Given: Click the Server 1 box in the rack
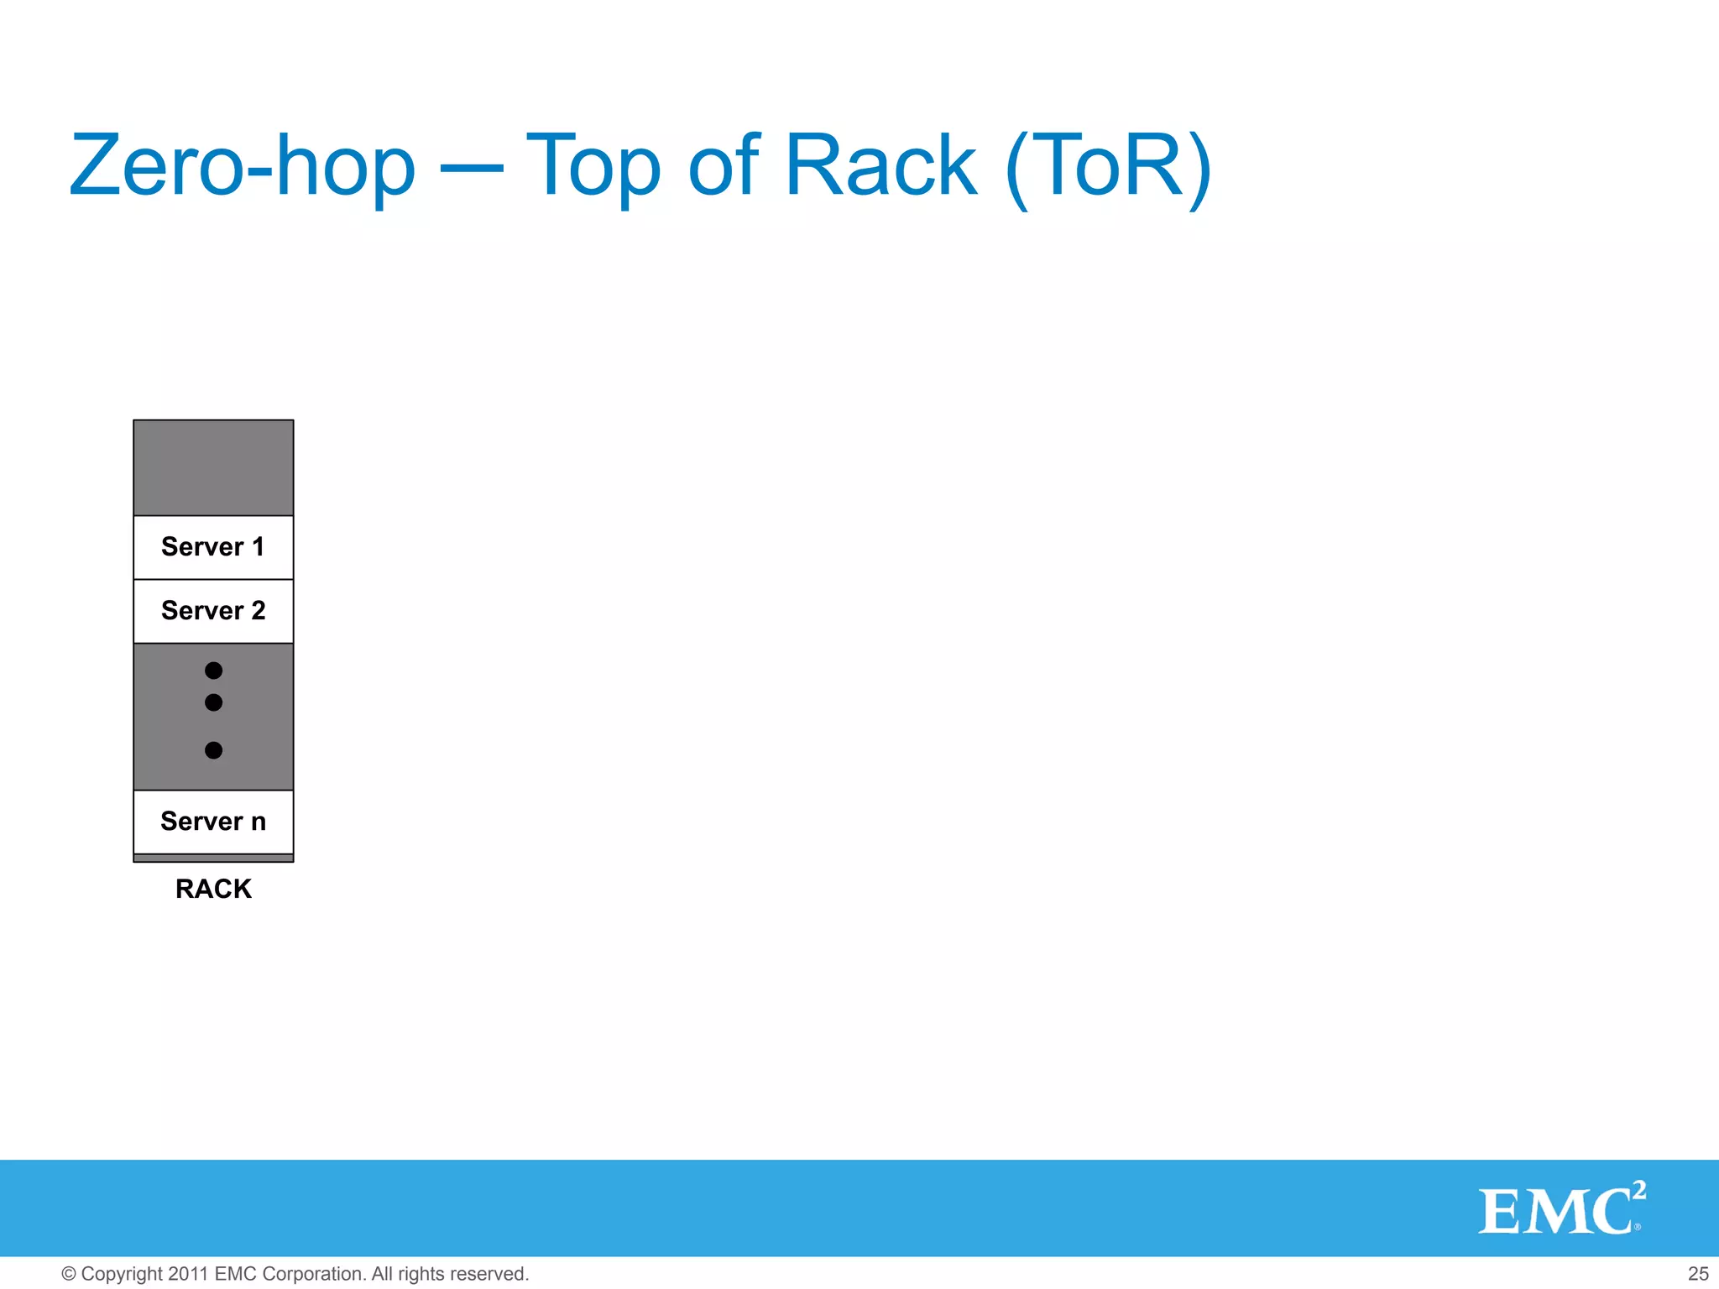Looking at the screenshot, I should (x=213, y=547).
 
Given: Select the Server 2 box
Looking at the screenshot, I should (x=213, y=611).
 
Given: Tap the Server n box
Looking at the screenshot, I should (x=213, y=822).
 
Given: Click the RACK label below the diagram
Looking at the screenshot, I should (x=213, y=889).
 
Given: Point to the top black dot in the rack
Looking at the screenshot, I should (x=214, y=671).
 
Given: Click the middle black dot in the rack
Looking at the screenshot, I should (x=214, y=702).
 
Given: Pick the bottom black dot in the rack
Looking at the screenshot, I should (x=214, y=750).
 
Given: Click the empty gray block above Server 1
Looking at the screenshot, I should (x=213, y=467).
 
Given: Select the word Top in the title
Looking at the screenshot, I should (x=593, y=166).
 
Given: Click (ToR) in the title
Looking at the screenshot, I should (x=1108, y=166).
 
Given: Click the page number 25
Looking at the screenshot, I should (x=1698, y=1274).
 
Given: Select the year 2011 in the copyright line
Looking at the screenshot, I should (x=188, y=1274).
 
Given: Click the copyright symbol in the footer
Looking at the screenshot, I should (x=69, y=1274).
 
